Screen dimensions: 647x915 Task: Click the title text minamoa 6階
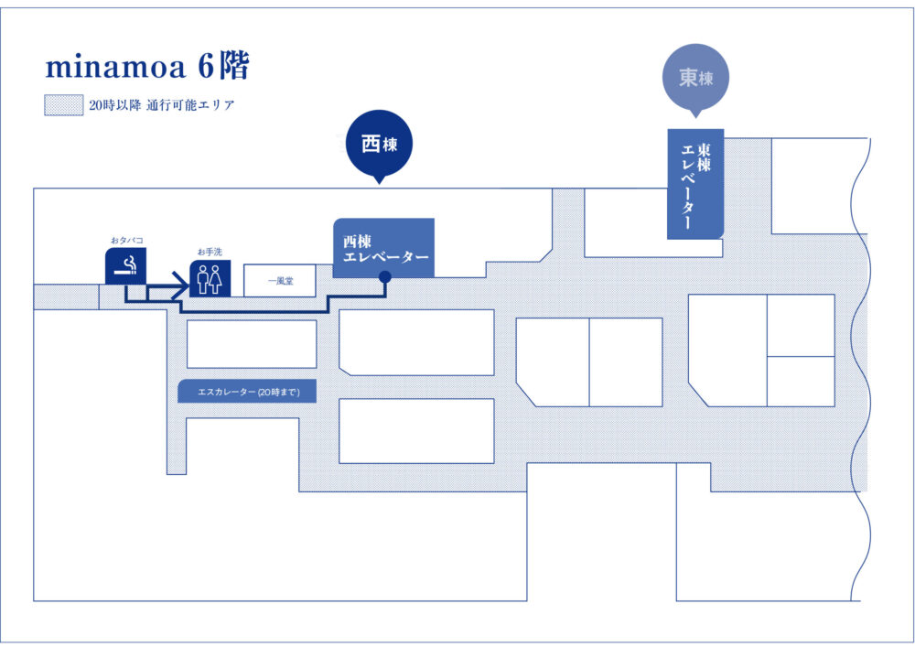click(146, 67)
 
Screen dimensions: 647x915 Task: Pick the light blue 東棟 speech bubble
click(695, 79)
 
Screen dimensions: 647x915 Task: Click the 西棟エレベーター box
click(383, 247)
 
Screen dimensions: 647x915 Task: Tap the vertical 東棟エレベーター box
click(695, 184)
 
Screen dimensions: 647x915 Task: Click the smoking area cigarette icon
click(125, 265)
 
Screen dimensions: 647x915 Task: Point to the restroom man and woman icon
click(210, 279)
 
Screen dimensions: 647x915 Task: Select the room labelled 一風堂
click(279, 282)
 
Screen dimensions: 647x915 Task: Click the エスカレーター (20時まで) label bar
click(246, 392)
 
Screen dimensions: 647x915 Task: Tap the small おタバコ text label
click(126, 241)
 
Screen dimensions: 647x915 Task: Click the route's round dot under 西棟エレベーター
click(385, 276)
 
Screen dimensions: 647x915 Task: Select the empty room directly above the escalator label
click(252, 344)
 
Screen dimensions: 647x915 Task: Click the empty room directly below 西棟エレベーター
click(416, 341)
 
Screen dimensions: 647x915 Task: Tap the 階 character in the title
click(234, 67)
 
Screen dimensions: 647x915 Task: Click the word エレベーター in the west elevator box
click(385, 258)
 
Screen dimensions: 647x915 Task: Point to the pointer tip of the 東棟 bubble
click(695, 115)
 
